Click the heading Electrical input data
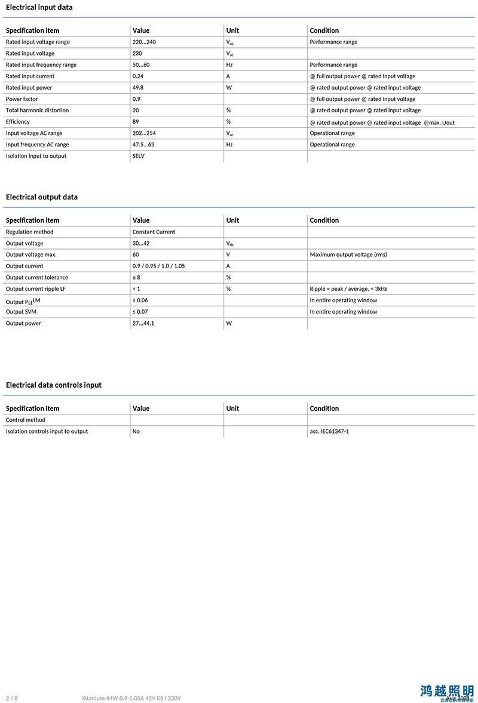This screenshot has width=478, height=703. point(39,8)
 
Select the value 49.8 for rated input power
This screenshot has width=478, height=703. point(138,88)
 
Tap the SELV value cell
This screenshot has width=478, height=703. point(139,156)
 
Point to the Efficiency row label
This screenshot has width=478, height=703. point(18,122)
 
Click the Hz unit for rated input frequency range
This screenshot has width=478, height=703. point(229,65)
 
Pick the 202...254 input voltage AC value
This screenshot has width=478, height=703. point(144,133)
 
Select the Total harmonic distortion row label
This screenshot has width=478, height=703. point(37,110)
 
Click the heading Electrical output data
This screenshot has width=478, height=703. point(42,197)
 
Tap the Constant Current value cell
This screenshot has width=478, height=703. point(154,232)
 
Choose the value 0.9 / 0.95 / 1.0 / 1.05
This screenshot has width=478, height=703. point(159,266)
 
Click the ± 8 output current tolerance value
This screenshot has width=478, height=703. point(136,277)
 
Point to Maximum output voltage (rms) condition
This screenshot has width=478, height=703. point(348,254)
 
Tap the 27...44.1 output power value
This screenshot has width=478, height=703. point(143,323)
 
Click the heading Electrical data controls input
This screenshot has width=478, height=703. point(54,385)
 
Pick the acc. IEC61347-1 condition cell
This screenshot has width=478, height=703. point(329,431)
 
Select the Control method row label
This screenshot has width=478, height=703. point(26,420)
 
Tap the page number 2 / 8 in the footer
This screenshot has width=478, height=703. point(12,698)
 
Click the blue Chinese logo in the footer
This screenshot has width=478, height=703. point(447,692)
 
